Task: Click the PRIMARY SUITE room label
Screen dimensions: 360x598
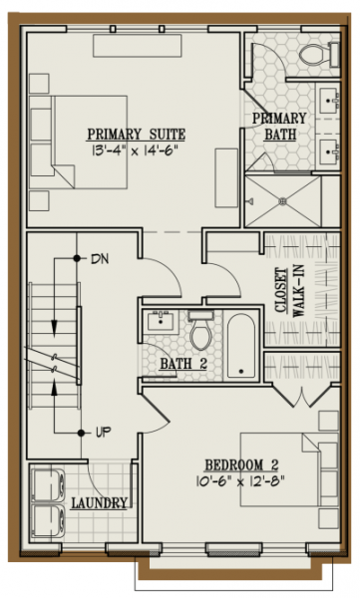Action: point(137,135)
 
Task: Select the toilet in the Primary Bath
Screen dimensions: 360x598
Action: point(319,55)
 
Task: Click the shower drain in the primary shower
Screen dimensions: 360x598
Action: point(283,200)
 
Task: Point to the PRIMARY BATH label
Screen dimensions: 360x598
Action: point(280,127)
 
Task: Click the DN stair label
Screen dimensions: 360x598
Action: point(100,259)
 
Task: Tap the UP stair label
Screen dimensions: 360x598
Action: point(103,433)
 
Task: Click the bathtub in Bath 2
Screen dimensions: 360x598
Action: point(241,346)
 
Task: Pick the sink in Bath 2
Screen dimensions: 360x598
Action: point(161,320)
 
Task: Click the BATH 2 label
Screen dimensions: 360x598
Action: point(183,364)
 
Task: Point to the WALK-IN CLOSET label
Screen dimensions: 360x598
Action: point(290,291)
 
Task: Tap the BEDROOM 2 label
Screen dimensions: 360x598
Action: point(241,465)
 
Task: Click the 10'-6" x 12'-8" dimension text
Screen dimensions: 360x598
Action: point(240,481)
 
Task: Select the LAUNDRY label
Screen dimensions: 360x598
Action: point(100,503)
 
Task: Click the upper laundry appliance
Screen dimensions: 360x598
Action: point(47,485)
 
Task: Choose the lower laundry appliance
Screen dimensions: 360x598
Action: point(47,521)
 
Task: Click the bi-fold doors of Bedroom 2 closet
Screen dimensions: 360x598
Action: point(302,396)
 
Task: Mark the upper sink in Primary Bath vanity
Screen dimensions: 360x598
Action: point(329,101)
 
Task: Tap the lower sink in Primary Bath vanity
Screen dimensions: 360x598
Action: point(329,151)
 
